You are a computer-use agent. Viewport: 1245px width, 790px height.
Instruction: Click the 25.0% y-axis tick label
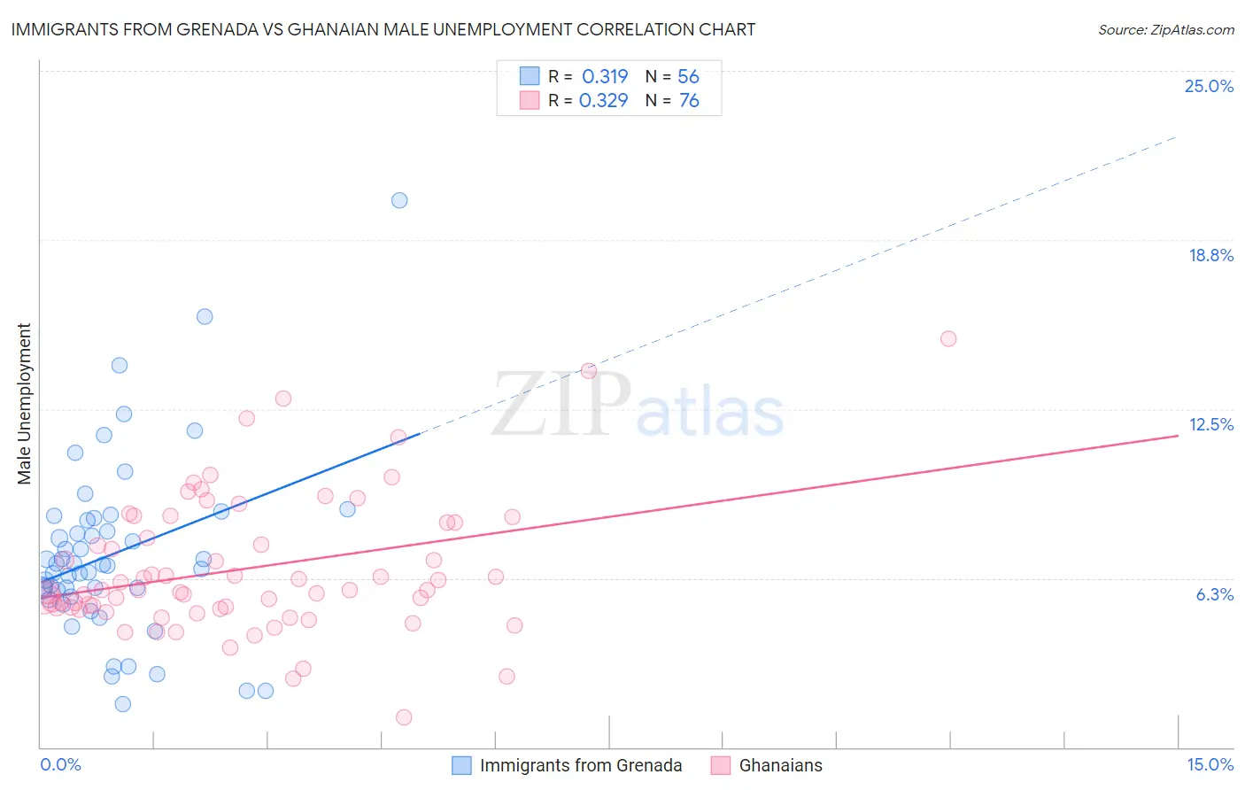pos(1209,86)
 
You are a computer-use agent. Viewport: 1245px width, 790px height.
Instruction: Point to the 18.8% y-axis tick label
pos(1210,255)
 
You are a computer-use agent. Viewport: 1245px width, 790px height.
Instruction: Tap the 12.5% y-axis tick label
pos(1210,424)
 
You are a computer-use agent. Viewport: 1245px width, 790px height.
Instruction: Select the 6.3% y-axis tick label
pos(1214,594)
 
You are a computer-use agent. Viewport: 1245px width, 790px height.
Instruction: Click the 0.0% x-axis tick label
pos(60,764)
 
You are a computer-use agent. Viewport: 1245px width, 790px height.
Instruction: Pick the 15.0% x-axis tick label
pos(1210,764)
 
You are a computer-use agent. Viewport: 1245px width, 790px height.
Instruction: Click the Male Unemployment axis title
pos(24,403)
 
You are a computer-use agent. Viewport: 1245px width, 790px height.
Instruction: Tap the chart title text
pos(383,29)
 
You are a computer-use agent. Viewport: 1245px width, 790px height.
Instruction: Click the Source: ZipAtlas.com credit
pos(1165,29)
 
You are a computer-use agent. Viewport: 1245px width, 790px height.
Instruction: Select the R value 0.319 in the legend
pos(605,77)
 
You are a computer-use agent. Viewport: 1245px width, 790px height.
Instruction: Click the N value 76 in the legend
pos(689,101)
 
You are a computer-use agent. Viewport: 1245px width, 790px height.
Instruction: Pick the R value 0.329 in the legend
pos(604,101)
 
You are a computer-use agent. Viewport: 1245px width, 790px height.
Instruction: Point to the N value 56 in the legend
pos(688,77)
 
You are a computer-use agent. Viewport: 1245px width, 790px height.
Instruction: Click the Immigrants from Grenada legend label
pos(581,765)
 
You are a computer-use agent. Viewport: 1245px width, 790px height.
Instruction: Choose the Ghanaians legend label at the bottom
pos(780,765)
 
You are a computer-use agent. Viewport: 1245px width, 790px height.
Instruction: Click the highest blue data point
pos(399,200)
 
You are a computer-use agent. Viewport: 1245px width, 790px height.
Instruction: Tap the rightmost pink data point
pos(948,338)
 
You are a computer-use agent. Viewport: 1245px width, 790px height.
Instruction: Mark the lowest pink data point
pos(404,717)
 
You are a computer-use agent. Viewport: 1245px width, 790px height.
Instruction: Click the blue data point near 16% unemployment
pos(205,316)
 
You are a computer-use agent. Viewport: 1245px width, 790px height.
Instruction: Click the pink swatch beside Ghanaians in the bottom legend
pos(721,765)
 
